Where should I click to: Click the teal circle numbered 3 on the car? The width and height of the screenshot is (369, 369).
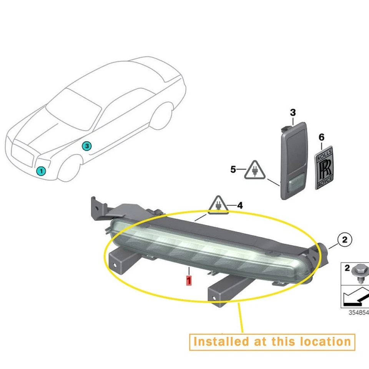click(x=87, y=146)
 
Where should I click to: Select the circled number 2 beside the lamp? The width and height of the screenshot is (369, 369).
click(x=344, y=240)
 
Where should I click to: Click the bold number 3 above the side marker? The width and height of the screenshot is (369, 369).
click(x=293, y=113)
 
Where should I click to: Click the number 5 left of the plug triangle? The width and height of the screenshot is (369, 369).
click(x=233, y=169)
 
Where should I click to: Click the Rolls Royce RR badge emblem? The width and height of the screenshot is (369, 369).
click(x=325, y=167)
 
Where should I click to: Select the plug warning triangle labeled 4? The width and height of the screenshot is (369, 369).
click(x=218, y=206)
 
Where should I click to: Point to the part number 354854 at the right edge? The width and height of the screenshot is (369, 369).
click(x=358, y=312)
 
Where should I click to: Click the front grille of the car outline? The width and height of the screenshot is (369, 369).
click(x=22, y=156)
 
